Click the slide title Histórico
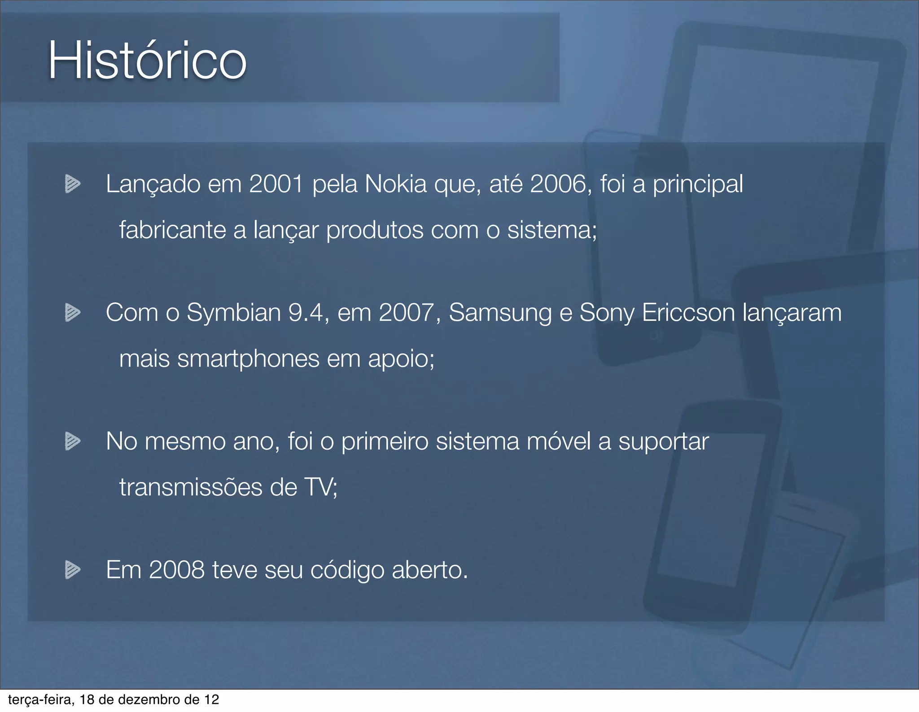click(x=147, y=61)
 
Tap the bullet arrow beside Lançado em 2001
click(x=72, y=184)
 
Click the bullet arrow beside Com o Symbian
click(x=72, y=313)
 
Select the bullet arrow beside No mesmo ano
click(x=72, y=441)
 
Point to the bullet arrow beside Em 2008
click(x=72, y=570)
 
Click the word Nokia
click(x=396, y=184)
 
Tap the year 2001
click(x=276, y=184)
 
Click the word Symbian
click(x=234, y=313)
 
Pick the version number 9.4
click(x=306, y=313)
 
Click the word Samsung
click(x=500, y=313)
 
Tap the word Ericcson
click(x=688, y=313)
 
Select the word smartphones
click(x=249, y=359)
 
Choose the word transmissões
click(x=191, y=487)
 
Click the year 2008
click(x=176, y=570)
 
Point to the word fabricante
click(x=172, y=230)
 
